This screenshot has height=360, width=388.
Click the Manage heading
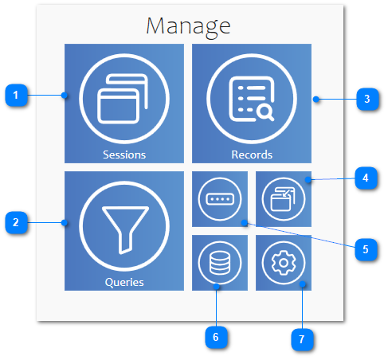point(188,26)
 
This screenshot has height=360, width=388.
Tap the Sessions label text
point(124,155)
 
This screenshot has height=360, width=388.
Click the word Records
point(252,155)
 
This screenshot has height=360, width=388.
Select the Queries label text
point(124,282)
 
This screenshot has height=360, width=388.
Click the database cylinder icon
point(220,263)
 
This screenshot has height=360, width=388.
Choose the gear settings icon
point(284,263)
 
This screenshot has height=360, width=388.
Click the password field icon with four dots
point(220,199)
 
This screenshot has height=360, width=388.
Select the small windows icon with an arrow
point(283,199)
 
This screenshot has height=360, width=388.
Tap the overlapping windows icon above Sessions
point(123,99)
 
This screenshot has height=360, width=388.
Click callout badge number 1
point(16,95)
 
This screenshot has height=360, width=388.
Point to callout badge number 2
point(16,222)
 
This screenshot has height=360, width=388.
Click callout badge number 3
point(367,99)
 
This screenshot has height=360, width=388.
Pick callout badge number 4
point(366,178)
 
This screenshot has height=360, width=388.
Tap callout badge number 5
point(366,249)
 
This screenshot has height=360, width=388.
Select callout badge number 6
point(216,337)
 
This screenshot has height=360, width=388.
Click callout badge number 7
point(302,339)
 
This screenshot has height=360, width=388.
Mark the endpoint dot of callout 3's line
point(315,100)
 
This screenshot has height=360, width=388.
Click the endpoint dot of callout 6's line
point(217,287)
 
